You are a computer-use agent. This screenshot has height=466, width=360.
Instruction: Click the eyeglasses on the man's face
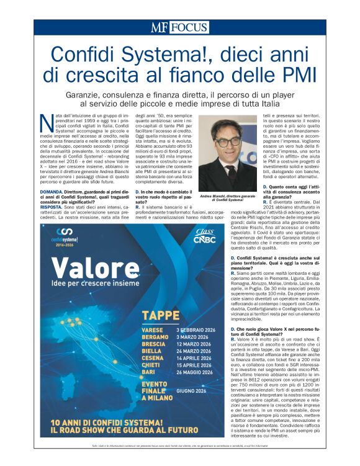[227, 142]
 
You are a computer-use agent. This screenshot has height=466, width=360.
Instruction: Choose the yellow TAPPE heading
[161, 316]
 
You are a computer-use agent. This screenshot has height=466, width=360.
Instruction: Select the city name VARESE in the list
[153, 329]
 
